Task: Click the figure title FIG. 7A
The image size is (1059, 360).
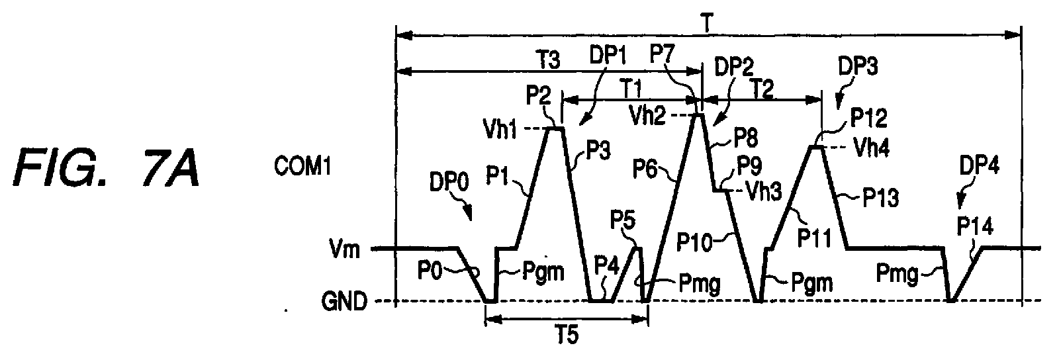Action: pyautogui.click(x=106, y=167)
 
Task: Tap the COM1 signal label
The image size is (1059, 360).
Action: pyautogui.click(x=302, y=167)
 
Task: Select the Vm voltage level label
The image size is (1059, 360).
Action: pyautogui.click(x=345, y=249)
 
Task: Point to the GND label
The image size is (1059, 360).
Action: pyautogui.click(x=344, y=301)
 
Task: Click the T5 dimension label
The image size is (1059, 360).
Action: pyautogui.click(x=567, y=336)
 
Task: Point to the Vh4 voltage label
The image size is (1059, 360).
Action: pyautogui.click(x=872, y=148)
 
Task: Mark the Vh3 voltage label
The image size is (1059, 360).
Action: pyautogui.click(x=763, y=192)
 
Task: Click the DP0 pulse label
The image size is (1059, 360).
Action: pyautogui.click(x=449, y=183)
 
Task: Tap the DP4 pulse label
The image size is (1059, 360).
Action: pyautogui.click(x=980, y=166)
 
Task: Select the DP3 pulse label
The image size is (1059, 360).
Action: pyautogui.click(x=858, y=66)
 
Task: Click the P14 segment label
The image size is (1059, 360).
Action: pyautogui.click(x=975, y=227)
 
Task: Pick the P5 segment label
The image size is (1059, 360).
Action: pyautogui.click(x=623, y=220)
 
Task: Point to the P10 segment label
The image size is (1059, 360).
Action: pyautogui.click(x=694, y=242)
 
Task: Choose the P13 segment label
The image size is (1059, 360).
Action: pyautogui.click(x=881, y=199)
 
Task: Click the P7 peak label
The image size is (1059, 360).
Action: pyautogui.click(x=663, y=54)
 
